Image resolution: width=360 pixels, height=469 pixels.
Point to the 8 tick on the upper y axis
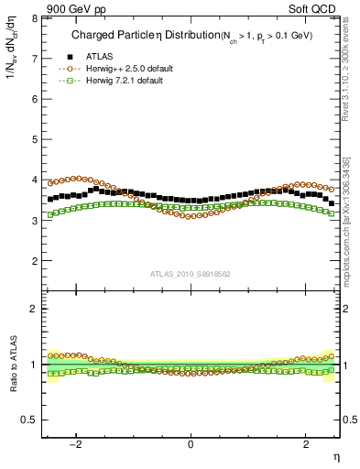36,18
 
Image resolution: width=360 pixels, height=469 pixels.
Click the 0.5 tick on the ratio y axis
31,420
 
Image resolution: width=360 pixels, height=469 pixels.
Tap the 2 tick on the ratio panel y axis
36,309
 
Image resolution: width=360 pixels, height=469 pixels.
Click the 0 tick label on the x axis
191,444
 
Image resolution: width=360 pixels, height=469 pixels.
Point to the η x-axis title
336,456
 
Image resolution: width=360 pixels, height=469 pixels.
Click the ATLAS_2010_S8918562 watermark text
191,274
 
